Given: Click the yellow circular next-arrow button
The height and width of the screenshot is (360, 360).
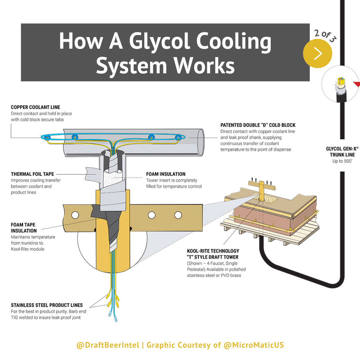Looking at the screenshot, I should coord(317,53).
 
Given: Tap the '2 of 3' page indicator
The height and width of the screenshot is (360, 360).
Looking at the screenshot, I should coord(325,35).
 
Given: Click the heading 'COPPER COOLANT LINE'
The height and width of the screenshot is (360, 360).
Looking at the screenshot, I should coord(36,107).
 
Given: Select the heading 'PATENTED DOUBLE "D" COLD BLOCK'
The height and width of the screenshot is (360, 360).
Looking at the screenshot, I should coord(258,125).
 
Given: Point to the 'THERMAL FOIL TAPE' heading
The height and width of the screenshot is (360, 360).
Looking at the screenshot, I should coord(32,174).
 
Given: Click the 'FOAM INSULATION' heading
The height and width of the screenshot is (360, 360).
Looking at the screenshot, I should coord(166,174).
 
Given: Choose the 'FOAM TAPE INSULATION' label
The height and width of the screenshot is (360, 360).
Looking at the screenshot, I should coord(24,228).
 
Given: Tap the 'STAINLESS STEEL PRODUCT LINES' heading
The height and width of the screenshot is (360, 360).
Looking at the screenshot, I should coord(47,305).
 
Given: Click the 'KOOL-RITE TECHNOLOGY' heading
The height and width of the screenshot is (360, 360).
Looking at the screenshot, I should coord(213,251).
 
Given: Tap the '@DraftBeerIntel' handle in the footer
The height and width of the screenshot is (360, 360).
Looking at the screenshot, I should coord(108,345).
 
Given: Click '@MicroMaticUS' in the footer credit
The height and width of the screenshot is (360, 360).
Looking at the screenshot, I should coord(254,345).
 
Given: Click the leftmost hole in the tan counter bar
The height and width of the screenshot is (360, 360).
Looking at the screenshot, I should coord(75,215).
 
